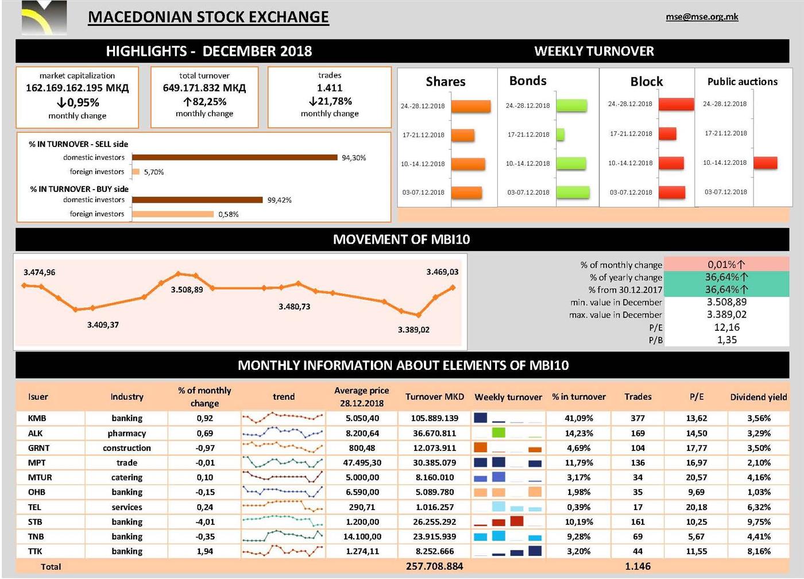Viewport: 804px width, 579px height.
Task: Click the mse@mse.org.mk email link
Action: click(702, 17)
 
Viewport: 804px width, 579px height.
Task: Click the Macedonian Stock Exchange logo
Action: click(44, 18)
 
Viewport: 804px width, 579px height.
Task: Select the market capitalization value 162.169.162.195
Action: click(77, 88)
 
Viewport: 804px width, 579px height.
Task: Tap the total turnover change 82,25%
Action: click(204, 102)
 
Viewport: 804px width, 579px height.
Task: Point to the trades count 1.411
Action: click(330, 88)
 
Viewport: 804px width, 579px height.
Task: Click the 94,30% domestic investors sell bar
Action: click(235, 157)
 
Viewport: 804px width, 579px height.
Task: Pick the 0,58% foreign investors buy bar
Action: click(173, 214)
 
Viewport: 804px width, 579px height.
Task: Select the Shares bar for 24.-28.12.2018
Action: click(471, 106)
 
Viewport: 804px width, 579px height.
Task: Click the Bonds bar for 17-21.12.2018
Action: click(561, 134)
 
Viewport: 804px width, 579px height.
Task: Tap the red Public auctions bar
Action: click(765, 163)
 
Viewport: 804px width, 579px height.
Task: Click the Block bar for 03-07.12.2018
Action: click(672, 192)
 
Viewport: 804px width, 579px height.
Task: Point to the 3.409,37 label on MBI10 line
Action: click(103, 325)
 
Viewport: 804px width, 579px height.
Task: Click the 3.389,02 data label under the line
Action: click(413, 330)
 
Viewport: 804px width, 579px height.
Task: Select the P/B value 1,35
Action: click(726, 340)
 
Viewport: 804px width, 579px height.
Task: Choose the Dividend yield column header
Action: click(758, 397)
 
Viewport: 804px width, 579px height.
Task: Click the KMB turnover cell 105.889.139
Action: click(435, 418)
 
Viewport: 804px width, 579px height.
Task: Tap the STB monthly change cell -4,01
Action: click(205, 522)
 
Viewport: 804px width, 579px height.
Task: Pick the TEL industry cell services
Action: click(127, 507)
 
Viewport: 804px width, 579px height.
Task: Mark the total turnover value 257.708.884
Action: click(434, 566)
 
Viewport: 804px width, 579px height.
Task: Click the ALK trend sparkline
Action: click(283, 433)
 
